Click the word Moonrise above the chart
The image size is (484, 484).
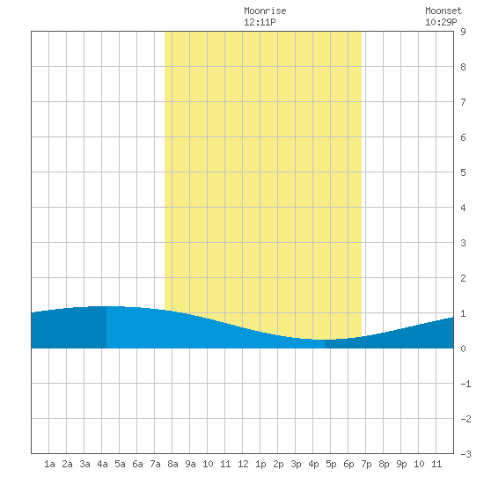click(265, 11)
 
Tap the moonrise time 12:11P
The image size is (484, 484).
click(260, 22)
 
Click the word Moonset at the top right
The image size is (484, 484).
click(444, 11)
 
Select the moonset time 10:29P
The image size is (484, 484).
click(441, 22)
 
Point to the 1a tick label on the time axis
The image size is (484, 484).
click(49, 464)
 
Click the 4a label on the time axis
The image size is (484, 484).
click(102, 464)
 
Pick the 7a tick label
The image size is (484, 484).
click(155, 464)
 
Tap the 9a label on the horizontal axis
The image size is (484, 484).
click(190, 464)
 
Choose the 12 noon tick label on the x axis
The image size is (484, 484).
click(243, 464)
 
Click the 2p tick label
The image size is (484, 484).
click(278, 464)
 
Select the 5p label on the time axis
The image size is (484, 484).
click(331, 464)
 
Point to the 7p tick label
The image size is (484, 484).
click(366, 464)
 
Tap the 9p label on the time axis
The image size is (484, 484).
click(401, 464)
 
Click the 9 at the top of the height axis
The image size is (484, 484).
click(463, 32)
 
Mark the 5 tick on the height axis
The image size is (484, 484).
click(463, 172)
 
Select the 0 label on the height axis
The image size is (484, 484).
click(463, 348)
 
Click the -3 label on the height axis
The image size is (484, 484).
click(466, 454)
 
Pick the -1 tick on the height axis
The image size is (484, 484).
click(466, 384)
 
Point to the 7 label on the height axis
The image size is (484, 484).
click(463, 102)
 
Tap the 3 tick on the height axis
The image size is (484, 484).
click(463, 243)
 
